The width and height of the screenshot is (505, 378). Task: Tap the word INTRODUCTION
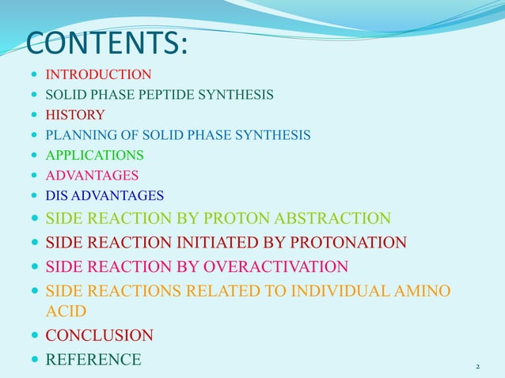pyautogui.click(x=98, y=75)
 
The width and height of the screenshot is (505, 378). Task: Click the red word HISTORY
pyautogui.click(x=75, y=115)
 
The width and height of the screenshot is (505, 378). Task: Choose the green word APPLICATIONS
pyautogui.click(x=94, y=155)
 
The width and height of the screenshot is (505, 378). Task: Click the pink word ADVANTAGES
pyautogui.click(x=92, y=175)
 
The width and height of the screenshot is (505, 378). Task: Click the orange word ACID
pyautogui.click(x=66, y=312)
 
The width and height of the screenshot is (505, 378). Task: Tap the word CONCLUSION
pyautogui.click(x=99, y=336)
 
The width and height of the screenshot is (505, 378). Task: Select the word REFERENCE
pyautogui.click(x=93, y=360)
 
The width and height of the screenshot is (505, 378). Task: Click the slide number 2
pyautogui.click(x=478, y=367)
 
